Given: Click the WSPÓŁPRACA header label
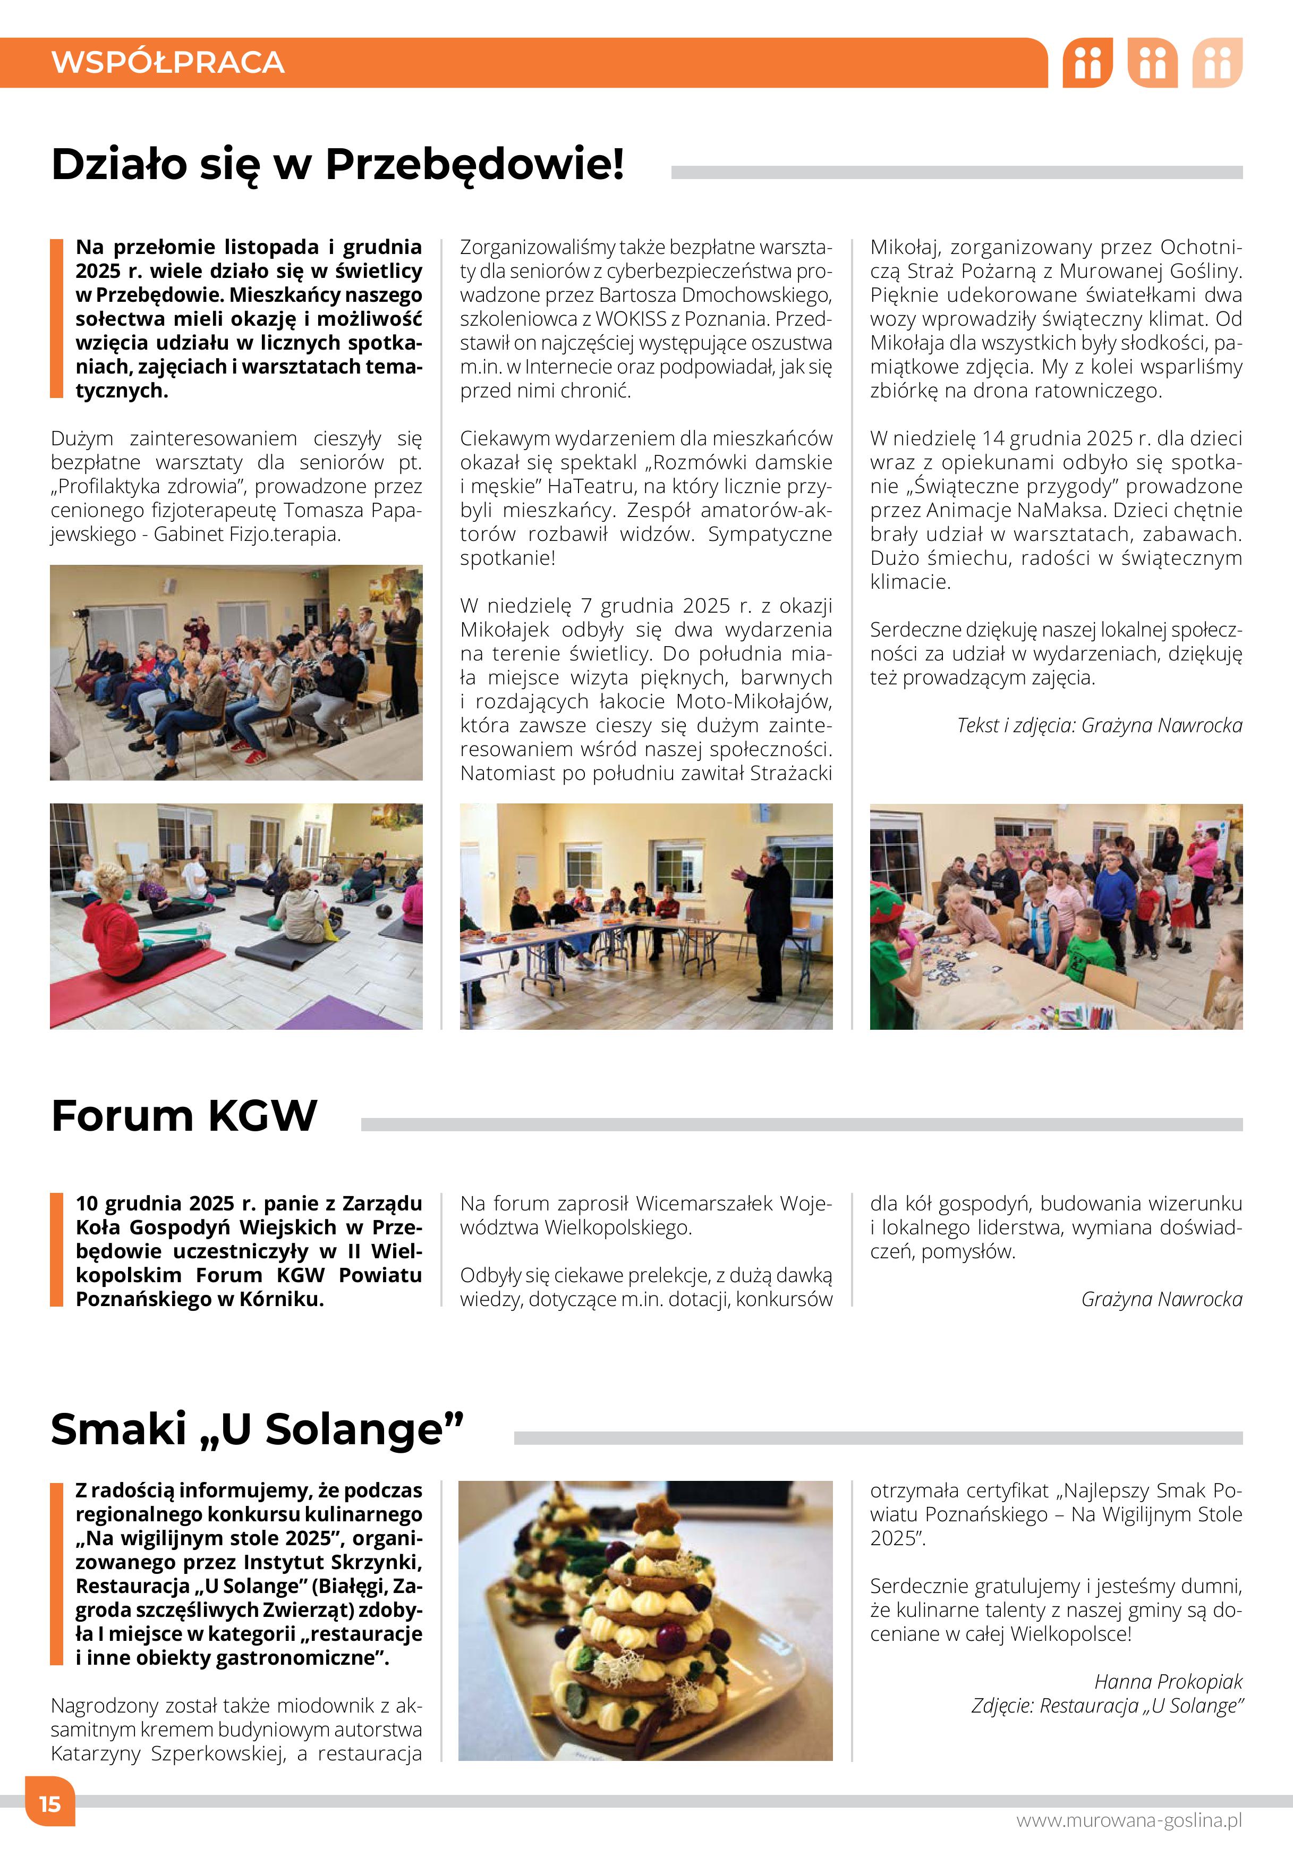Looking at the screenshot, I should (x=168, y=62).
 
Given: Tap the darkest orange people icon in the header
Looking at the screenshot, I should (x=1087, y=62).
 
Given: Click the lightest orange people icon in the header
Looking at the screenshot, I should (x=1217, y=62).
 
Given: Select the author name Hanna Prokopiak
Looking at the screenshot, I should (x=1168, y=1682).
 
